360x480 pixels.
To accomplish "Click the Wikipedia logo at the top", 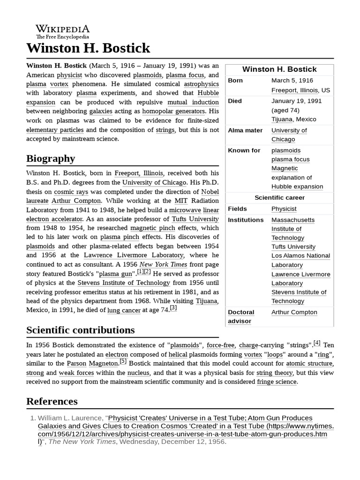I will coord(63,31).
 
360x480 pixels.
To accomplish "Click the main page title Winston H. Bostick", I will coord(88,48).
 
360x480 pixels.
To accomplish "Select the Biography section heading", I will coord(51,158).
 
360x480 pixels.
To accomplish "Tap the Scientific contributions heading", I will coord(80,330).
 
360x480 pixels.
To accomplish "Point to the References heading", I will coord(52,401).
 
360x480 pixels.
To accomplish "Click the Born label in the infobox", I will coord(235,81).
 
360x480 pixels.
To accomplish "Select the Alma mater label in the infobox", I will coord(245,130).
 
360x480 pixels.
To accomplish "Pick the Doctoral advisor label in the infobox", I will coord(241,316).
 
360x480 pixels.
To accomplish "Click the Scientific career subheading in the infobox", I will coord(279,198).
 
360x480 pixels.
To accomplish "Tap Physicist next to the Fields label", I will coord(284,209).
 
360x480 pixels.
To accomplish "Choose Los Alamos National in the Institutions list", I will coord(300,256).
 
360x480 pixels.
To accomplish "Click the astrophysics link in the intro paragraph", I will coord(201,84).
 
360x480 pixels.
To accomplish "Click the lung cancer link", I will coord(124,310).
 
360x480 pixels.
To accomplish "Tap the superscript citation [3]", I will coord(173,308).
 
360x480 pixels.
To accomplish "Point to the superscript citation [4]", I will coord(317,343).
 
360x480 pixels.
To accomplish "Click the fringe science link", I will coord(277,382).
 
